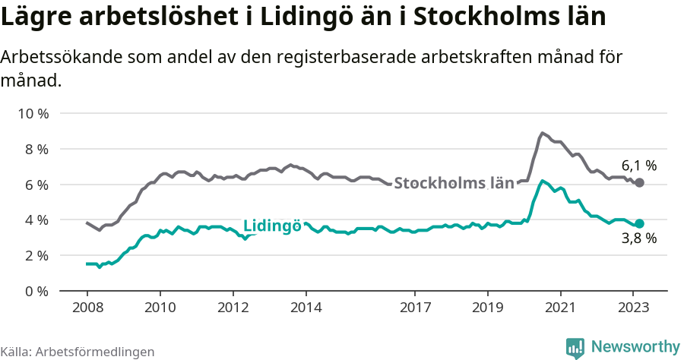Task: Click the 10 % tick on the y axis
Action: (32, 114)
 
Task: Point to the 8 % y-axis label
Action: (35, 150)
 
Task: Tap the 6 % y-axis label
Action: (35, 185)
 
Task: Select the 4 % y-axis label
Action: (35, 220)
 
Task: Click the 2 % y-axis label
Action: (35, 256)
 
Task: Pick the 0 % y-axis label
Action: (35, 291)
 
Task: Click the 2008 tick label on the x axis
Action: (87, 308)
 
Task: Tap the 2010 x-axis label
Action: (160, 308)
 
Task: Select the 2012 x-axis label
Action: (233, 308)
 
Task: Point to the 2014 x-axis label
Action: (306, 308)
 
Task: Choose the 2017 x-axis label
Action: (415, 308)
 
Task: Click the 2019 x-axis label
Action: (488, 308)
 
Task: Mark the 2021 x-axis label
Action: (561, 308)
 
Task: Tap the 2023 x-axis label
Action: (634, 308)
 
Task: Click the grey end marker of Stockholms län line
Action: (640, 183)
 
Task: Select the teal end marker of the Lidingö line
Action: (640, 223)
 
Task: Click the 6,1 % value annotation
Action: (639, 165)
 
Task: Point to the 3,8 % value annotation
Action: (639, 238)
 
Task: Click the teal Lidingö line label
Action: (272, 226)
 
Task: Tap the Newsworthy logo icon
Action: (575, 348)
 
